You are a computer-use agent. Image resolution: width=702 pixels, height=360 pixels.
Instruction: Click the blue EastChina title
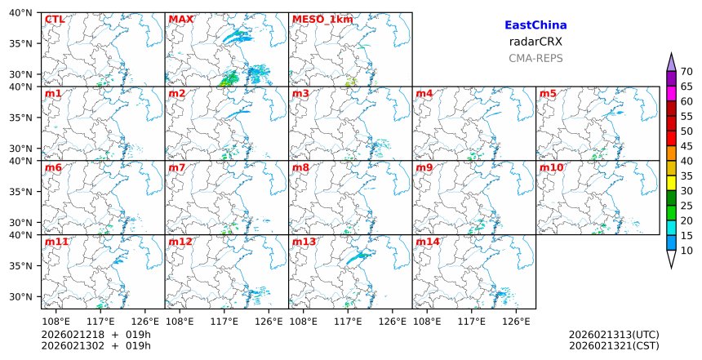pyautogui.click(x=535, y=25)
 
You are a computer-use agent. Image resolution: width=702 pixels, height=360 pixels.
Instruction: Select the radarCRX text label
pyautogui.click(x=535, y=42)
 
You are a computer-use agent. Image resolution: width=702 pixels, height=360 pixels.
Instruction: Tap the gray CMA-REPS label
pyautogui.click(x=535, y=58)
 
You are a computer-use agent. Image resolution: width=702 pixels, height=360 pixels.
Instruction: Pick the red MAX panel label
pyautogui.click(x=180, y=19)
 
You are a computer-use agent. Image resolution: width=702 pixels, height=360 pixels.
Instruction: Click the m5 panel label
pyautogui.click(x=548, y=93)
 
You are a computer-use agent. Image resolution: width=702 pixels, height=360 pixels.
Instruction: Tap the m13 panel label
pyautogui.click(x=304, y=242)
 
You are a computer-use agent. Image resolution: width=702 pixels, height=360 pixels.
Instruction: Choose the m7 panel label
pyautogui.click(x=177, y=167)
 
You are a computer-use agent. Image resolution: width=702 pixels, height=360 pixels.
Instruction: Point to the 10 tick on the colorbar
pyautogui.click(x=686, y=251)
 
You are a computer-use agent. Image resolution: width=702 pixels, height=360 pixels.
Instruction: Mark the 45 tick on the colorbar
pyautogui.click(x=686, y=146)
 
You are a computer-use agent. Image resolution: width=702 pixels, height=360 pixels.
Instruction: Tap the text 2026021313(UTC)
pyautogui.click(x=614, y=335)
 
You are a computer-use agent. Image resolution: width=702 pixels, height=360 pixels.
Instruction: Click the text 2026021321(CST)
pyautogui.click(x=614, y=345)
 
